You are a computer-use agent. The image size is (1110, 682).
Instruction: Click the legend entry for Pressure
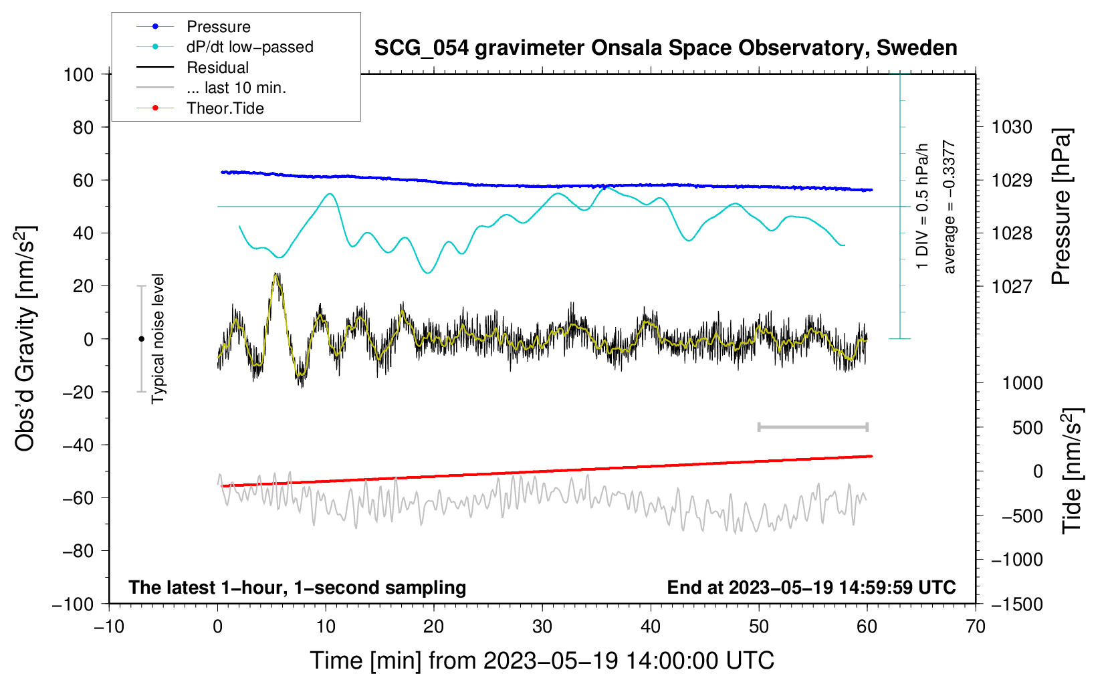point(218,27)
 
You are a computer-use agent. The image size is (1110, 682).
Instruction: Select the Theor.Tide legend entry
point(225,108)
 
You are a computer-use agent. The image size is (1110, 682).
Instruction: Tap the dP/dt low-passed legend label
point(249,47)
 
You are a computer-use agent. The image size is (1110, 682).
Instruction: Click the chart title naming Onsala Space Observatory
point(665,48)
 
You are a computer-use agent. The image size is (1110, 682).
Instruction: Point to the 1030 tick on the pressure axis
point(1012,127)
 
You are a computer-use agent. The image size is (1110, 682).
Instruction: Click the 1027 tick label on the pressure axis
point(1012,286)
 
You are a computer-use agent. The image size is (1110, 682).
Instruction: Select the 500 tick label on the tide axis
point(1027,428)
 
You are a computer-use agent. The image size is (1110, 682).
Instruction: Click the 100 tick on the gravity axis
point(78,74)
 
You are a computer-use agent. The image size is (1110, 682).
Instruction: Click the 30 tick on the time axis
point(542,627)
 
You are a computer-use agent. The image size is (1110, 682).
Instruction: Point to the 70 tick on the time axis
point(976,627)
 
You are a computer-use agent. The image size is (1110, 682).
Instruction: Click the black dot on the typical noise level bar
point(141,339)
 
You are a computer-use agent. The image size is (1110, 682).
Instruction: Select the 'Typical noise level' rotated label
point(158,339)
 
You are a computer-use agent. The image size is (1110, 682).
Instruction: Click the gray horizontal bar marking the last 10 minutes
point(812,427)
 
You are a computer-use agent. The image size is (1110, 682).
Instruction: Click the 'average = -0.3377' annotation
point(950,207)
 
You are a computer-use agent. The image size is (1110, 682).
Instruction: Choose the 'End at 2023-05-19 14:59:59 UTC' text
point(811,587)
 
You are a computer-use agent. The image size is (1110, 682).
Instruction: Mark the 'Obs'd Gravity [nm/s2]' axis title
point(25,339)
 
